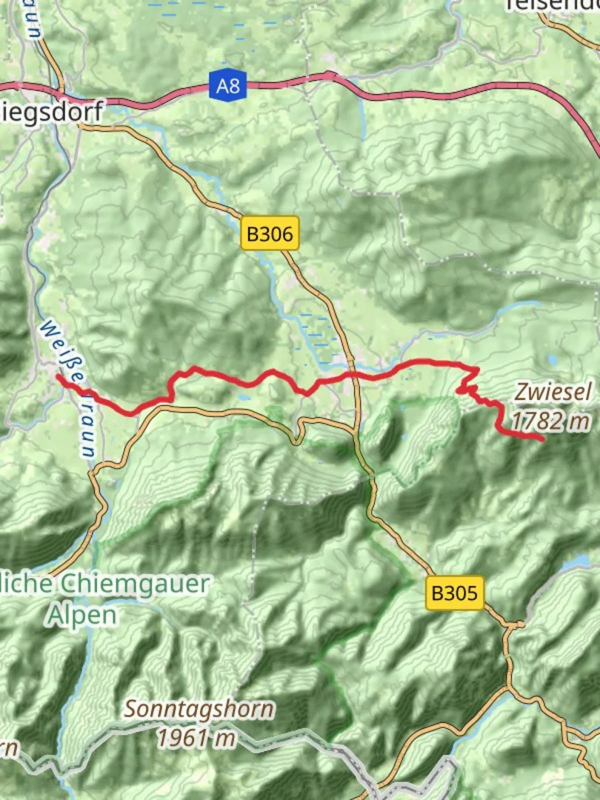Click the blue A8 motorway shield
point(227,86)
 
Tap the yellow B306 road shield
point(270,235)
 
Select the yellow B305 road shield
point(455,593)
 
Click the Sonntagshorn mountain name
point(199,709)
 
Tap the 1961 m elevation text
point(196,737)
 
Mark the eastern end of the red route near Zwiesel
point(542,439)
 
